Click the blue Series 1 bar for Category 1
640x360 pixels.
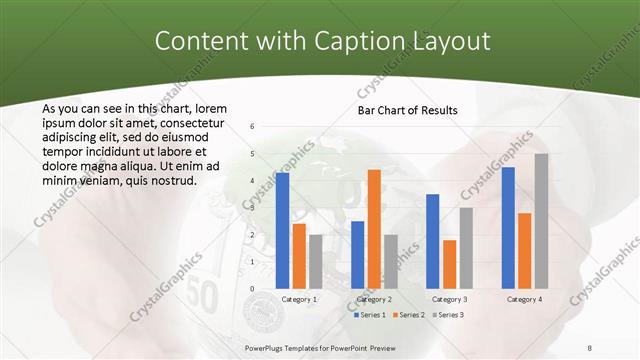tap(282, 230)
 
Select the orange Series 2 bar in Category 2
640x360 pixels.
tap(374, 229)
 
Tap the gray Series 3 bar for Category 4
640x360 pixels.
tap(541, 221)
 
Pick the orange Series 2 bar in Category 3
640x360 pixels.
tap(449, 264)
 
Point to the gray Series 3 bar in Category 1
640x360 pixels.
tap(316, 261)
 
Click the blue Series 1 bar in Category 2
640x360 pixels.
tap(358, 254)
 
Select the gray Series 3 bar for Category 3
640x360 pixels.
tap(465, 248)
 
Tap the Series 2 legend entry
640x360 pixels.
tap(408, 315)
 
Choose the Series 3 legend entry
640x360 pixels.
tap(446, 315)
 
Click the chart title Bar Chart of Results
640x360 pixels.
tap(407, 110)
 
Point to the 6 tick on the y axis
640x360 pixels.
tap(252, 126)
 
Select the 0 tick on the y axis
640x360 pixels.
tap(252, 288)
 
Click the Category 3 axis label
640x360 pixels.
tap(449, 299)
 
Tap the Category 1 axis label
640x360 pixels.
tap(299, 299)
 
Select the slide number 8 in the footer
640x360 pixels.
tap(590, 348)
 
